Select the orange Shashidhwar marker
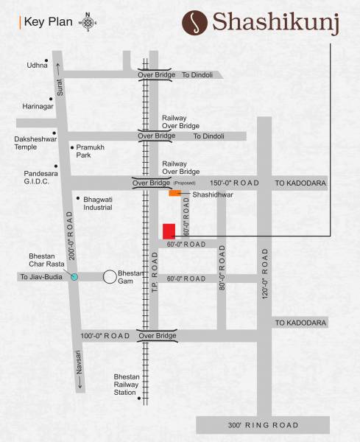(174, 193)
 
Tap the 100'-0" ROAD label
(105, 336)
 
